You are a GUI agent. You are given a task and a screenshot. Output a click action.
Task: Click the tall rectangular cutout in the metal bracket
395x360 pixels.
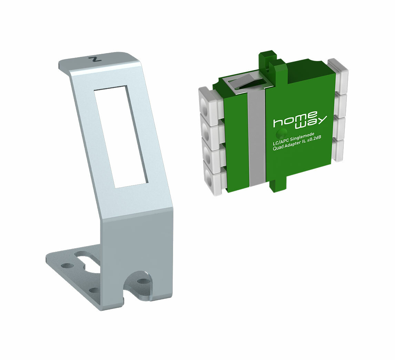[x=121, y=137]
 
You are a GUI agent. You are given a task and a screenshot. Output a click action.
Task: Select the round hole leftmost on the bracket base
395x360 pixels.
[x=67, y=266]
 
